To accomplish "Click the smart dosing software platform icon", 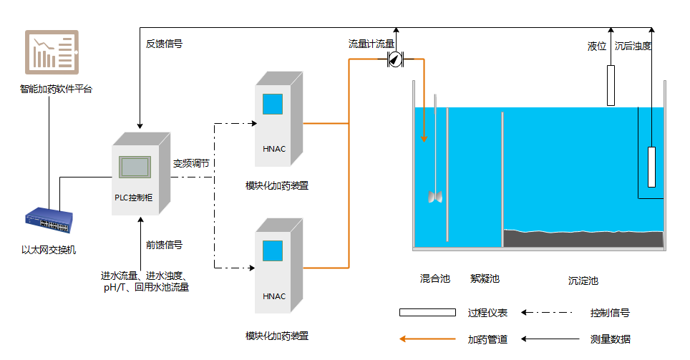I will [52, 52].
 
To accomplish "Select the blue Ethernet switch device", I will [47, 223].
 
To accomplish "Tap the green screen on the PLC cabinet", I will [135, 167].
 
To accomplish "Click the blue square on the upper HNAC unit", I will [272, 104].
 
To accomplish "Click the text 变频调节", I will [191, 163].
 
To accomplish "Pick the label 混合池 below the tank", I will [434, 278].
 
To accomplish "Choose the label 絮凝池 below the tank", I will [485, 278].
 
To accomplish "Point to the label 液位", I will [597, 47].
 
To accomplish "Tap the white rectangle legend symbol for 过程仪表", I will [427, 312].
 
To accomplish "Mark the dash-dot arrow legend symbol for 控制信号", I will [548, 312].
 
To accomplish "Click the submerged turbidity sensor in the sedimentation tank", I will [651, 167].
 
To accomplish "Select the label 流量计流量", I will [371, 44].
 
